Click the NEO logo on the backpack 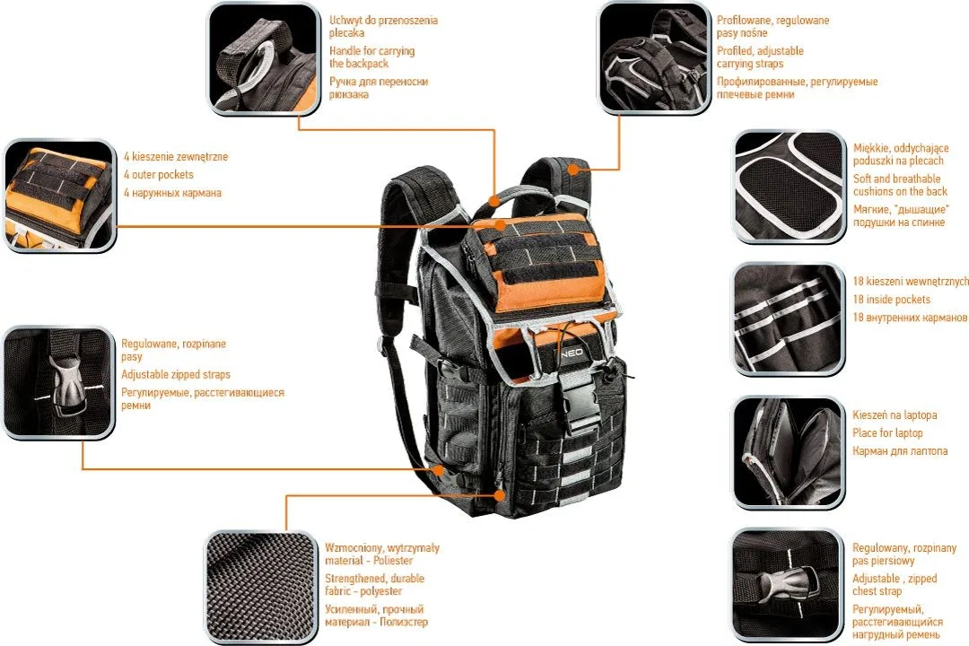pos(572,352)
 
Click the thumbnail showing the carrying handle pos(265,58)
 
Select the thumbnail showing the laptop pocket pos(788,452)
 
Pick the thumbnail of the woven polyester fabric pos(261,587)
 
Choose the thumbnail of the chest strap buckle pos(787,585)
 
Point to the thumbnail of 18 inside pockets pos(788,319)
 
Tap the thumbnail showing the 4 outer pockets pos(58,196)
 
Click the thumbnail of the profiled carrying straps pos(654,58)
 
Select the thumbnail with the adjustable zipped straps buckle pos(58,382)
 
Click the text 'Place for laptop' pos(887,432)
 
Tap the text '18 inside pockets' pos(891,299)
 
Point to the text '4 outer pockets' pos(158,174)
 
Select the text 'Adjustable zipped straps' pos(176,374)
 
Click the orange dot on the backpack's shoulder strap pos(574,168)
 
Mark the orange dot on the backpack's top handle pos(493,200)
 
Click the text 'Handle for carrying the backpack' pos(372,57)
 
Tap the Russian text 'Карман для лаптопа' pos(900,450)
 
